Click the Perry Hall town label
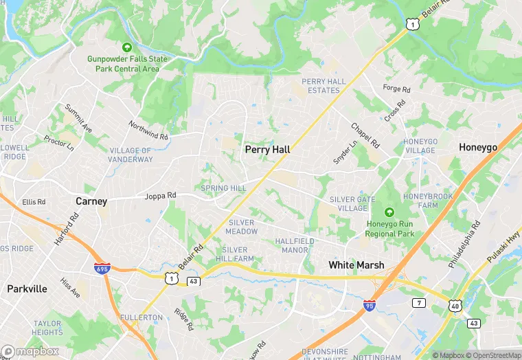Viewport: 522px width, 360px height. pos(267,149)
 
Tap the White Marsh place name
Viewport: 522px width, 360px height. pos(356,265)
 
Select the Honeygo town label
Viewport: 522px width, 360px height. pos(478,148)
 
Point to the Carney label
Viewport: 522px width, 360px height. pos(91,201)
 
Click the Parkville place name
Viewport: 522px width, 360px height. pos(27,289)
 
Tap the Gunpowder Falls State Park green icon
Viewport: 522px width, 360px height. pos(126,47)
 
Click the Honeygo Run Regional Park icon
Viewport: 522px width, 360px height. pos(389,212)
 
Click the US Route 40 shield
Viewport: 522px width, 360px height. pos(455,304)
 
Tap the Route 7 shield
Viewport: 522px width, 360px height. pos(418,302)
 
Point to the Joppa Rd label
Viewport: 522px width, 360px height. pos(160,196)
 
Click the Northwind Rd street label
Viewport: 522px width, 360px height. pos(148,130)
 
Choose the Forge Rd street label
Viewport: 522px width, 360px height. pos(396,89)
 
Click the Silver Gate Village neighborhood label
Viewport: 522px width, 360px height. pos(352,203)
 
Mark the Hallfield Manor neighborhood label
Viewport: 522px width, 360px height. pos(295,245)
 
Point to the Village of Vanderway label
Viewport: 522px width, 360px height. pos(131,155)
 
